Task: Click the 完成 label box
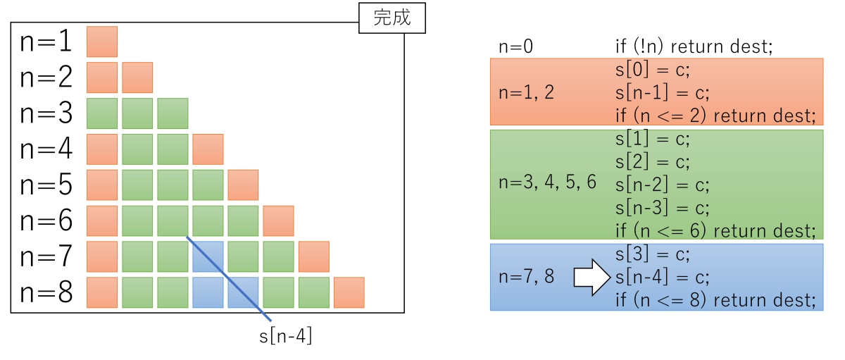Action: (392, 18)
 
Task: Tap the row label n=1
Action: (46, 41)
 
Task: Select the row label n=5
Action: (46, 185)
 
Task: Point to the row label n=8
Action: (46, 292)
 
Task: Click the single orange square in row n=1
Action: (102, 42)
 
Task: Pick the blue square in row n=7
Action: (208, 256)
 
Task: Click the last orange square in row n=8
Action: (349, 292)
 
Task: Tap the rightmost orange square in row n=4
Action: (208, 149)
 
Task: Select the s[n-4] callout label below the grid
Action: (286, 336)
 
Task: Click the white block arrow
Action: (591, 278)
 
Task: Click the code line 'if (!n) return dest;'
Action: (694, 46)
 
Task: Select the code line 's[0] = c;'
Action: (653, 70)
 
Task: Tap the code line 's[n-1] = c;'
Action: (662, 92)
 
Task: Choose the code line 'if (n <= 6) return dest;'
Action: (715, 230)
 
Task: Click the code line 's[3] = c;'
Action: (653, 254)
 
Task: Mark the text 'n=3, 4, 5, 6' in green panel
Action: (547, 182)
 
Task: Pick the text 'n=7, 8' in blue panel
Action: (526, 277)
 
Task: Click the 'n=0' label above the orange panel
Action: (515, 46)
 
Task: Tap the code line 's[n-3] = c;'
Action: (662, 208)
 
